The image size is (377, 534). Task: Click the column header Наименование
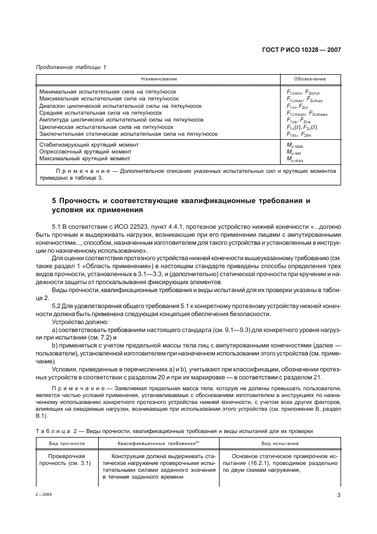click(160, 79)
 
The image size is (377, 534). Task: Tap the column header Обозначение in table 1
click(310, 79)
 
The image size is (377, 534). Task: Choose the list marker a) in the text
click(55, 330)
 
